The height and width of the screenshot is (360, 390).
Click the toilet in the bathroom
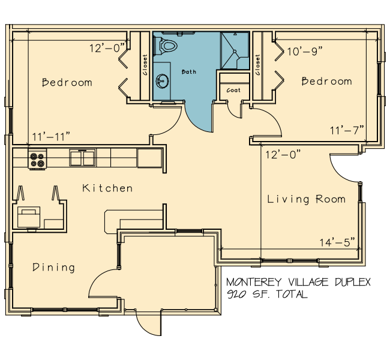[x=166, y=46]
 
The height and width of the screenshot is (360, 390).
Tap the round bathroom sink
[x=163, y=81]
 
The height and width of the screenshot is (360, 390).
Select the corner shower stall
[x=235, y=50]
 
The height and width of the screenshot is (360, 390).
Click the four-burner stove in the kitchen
[x=37, y=159]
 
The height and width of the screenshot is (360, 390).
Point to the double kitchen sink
[x=82, y=158]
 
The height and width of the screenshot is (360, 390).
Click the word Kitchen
[x=107, y=188]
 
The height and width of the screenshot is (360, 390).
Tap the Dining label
[x=54, y=267]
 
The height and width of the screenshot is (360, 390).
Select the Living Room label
[x=307, y=199]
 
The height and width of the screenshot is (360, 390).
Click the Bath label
[x=189, y=72]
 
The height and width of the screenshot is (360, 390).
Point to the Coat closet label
[x=233, y=90]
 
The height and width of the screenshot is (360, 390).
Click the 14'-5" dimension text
[x=337, y=242]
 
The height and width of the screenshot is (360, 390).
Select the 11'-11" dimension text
[x=51, y=137]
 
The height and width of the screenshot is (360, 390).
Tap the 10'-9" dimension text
[x=305, y=52]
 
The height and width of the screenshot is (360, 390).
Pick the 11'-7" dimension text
[x=347, y=130]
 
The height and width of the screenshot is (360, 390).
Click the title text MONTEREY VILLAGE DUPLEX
[x=298, y=282]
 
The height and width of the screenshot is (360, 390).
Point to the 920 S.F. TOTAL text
[x=268, y=295]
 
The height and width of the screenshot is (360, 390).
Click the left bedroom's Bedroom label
[x=67, y=82]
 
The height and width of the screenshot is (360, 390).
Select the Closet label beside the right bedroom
[x=257, y=65]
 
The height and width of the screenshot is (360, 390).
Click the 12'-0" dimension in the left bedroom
[x=107, y=48]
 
